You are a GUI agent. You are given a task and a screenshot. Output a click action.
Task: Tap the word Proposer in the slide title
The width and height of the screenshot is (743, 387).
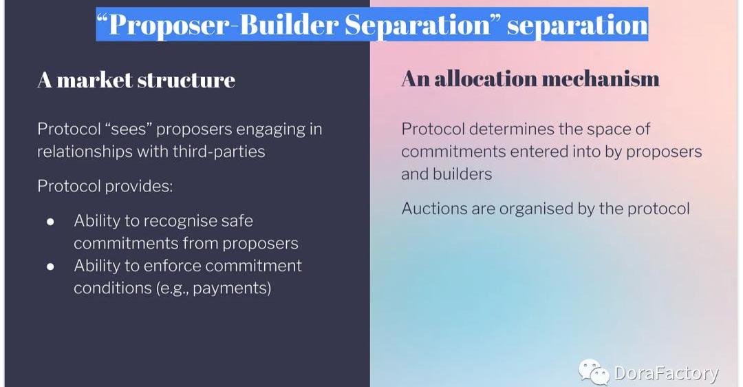[x=169, y=25]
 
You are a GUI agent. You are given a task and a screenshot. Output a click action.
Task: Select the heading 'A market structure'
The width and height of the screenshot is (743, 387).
[x=136, y=80]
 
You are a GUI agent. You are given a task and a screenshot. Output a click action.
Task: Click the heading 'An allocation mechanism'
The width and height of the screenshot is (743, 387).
[x=530, y=79]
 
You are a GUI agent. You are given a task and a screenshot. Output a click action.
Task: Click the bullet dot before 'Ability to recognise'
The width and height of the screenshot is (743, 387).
[x=50, y=222]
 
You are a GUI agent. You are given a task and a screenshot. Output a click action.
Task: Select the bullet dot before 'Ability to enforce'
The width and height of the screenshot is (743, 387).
[x=50, y=266]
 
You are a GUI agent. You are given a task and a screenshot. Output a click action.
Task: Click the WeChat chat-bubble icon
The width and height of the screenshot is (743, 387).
[x=593, y=371]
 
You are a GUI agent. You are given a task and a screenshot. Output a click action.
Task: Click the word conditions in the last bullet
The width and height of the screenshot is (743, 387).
[x=112, y=289]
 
